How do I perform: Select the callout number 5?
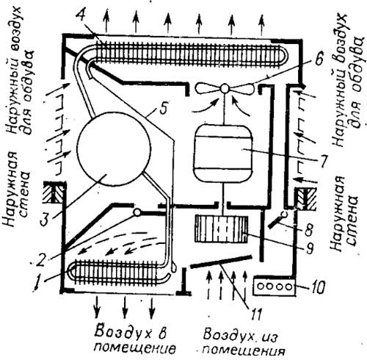[163, 107]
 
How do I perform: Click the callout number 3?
[46, 219]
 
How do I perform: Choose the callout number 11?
[255, 313]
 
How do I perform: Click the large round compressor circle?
[114, 149]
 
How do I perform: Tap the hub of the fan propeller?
[225, 88]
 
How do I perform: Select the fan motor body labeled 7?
[223, 154]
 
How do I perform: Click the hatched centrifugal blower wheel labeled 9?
[221, 229]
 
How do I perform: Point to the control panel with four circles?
[275, 286]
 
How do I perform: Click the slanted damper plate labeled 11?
[221, 262]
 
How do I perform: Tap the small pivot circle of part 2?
[137, 212]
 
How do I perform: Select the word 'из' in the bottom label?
[269, 336]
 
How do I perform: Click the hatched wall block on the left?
[54, 192]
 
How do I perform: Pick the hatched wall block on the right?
[306, 198]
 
